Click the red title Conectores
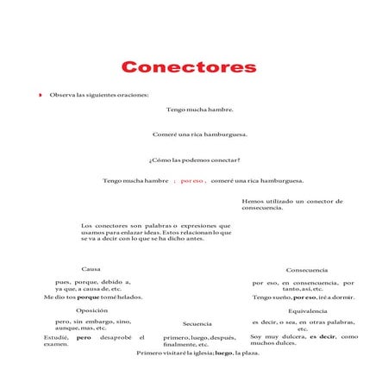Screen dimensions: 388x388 tap(188, 67)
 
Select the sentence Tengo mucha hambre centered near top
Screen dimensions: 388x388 tap(199, 110)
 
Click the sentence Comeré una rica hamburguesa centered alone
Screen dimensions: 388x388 tap(200, 135)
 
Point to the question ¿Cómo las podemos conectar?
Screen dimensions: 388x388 tap(194, 160)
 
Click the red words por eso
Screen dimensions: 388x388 tap(191, 181)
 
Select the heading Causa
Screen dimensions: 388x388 tap(91, 269)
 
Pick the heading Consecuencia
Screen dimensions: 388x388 tap(306, 270)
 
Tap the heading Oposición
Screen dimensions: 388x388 tap(91, 310)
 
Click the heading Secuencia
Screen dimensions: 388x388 tap(197, 323)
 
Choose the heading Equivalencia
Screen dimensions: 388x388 tap(307, 310)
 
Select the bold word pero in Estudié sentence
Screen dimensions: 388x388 tap(84, 336)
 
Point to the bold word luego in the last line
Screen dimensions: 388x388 tap(224, 354)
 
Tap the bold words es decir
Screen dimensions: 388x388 tap(322, 336)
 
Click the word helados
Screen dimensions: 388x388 tap(129, 297)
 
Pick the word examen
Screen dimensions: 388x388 tap(55, 344)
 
